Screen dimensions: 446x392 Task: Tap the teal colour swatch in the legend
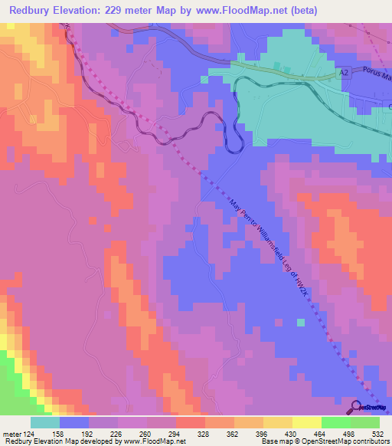45,422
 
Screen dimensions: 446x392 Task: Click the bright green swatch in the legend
336,422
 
